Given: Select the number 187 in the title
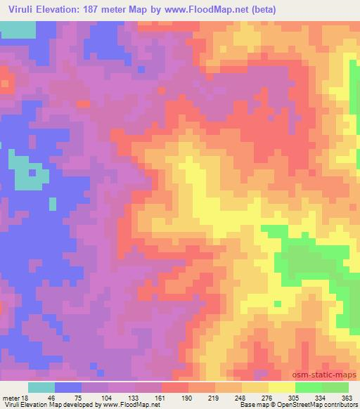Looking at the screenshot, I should (x=91, y=10).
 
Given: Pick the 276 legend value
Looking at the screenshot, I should (x=269, y=397).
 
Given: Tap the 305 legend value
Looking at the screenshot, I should (x=295, y=397).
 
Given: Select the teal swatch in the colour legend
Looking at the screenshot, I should (x=41, y=387).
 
